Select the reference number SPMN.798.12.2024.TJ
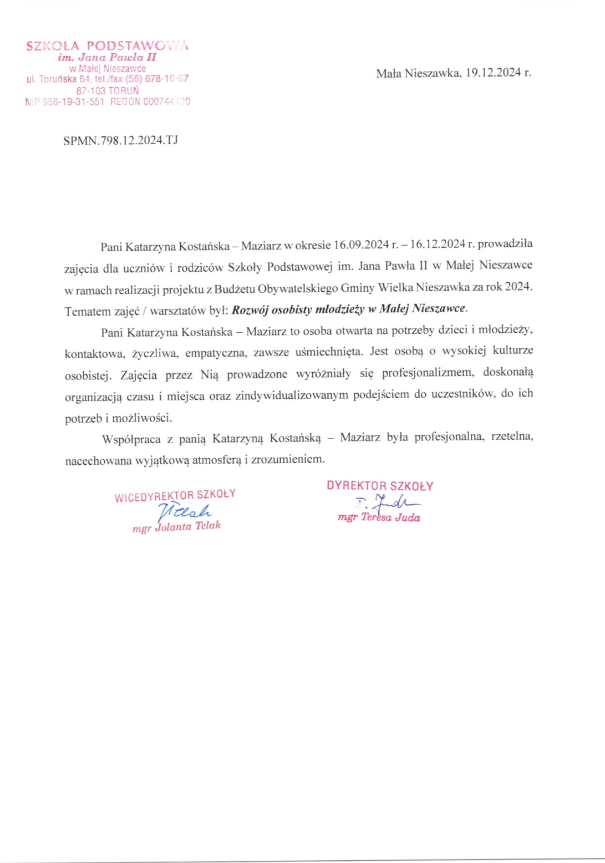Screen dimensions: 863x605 coord(120,140)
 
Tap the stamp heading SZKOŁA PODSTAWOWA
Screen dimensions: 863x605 coord(107,45)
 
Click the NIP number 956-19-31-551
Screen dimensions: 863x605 coord(73,101)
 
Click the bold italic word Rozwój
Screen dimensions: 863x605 coord(250,309)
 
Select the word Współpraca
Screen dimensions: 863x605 coord(131,439)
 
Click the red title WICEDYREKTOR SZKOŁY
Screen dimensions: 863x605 coord(175,495)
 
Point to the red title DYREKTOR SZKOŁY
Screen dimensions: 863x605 coord(380,486)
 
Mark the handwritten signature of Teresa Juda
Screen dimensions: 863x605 coord(388,502)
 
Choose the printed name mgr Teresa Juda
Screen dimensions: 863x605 coord(379,517)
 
